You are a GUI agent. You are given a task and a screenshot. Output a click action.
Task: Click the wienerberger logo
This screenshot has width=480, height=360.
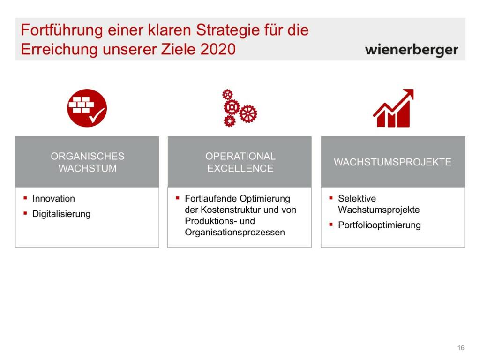point(412,50)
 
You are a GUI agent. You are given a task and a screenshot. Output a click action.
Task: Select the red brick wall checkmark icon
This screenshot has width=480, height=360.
point(87,108)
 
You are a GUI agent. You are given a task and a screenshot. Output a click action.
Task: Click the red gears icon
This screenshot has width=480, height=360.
point(240,108)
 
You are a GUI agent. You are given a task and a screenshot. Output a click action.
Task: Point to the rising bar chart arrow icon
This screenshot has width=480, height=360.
point(393,108)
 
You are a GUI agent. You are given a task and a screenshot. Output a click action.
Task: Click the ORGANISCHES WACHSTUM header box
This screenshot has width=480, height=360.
point(87,162)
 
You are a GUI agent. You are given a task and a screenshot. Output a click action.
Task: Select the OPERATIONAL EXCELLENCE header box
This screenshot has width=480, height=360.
point(240,162)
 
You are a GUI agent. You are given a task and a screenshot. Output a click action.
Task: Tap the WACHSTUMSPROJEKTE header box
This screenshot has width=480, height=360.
point(393,162)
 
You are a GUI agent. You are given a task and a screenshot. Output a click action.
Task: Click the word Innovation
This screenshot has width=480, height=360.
point(53,198)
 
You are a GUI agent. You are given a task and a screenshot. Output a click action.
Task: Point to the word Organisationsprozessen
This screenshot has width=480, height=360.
point(235,232)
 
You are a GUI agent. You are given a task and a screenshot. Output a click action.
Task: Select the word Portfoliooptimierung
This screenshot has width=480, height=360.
point(379,225)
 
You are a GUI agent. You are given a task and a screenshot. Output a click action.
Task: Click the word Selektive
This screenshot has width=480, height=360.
point(357,198)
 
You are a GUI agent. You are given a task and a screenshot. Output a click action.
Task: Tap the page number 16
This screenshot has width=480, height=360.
point(461,348)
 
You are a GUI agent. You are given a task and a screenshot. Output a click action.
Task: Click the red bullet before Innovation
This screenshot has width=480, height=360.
point(25,198)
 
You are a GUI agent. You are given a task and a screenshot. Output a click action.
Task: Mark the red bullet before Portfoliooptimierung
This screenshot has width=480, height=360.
point(331,225)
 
